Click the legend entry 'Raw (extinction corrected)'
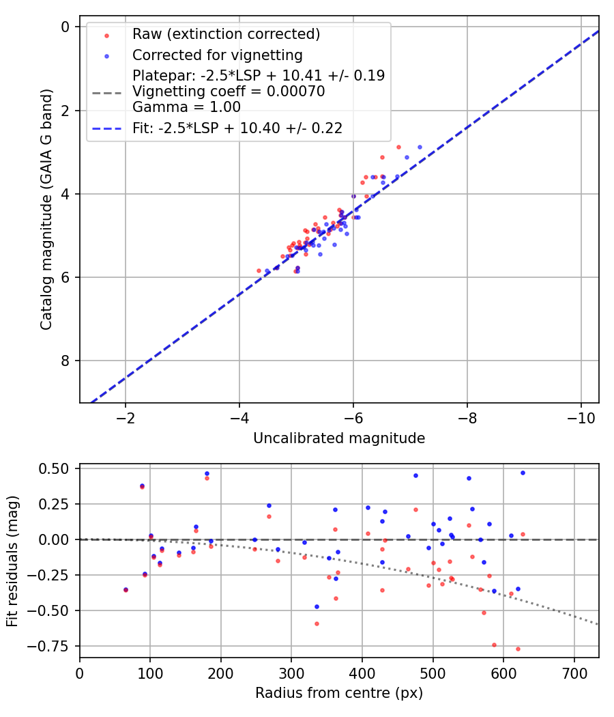226,34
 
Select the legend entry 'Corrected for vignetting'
217,55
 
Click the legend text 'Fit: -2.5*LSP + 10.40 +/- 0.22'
237,127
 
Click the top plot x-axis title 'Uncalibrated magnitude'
339,438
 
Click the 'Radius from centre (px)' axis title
339,693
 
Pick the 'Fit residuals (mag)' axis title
12,561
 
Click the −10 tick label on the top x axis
580,418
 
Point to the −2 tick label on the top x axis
125,418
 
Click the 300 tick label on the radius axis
291,673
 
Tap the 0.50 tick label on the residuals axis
56,468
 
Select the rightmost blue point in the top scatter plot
420,147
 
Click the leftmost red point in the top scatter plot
259,270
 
